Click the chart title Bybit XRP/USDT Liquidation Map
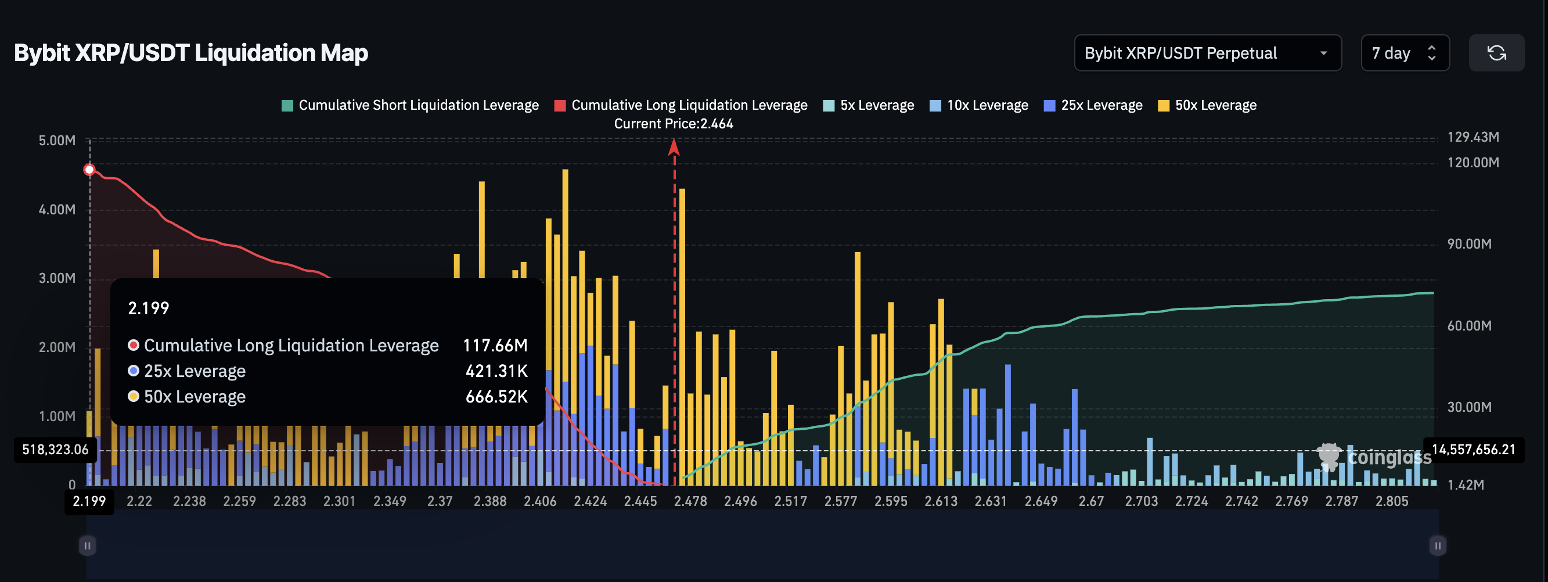click(x=190, y=53)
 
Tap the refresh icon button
click(x=1496, y=53)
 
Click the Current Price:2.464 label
click(x=673, y=124)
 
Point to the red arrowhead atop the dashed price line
click(x=674, y=147)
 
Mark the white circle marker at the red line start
click(x=89, y=170)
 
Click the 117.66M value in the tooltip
click(x=495, y=345)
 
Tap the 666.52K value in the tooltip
click(x=496, y=397)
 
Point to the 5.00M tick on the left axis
click(x=57, y=141)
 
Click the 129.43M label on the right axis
click(x=1473, y=137)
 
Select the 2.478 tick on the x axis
click(x=690, y=501)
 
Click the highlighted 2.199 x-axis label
click(x=89, y=501)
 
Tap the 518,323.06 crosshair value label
click(x=55, y=450)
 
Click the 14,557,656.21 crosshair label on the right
click(x=1473, y=450)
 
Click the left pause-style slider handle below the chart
click(x=87, y=545)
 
